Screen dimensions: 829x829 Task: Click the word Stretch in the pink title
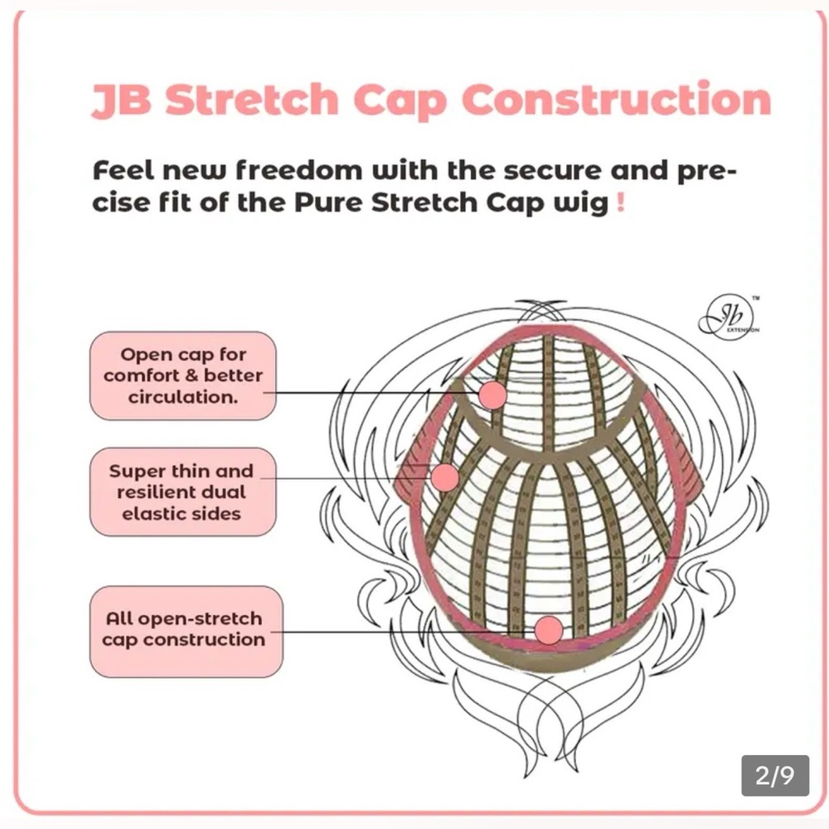(252, 99)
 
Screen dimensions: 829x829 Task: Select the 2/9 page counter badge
(775, 776)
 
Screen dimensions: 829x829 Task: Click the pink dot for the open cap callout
(492, 395)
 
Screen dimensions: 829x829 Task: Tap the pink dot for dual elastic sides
(445, 478)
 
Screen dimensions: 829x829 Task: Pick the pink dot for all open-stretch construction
(548, 630)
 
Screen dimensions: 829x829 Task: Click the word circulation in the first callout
(183, 397)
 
